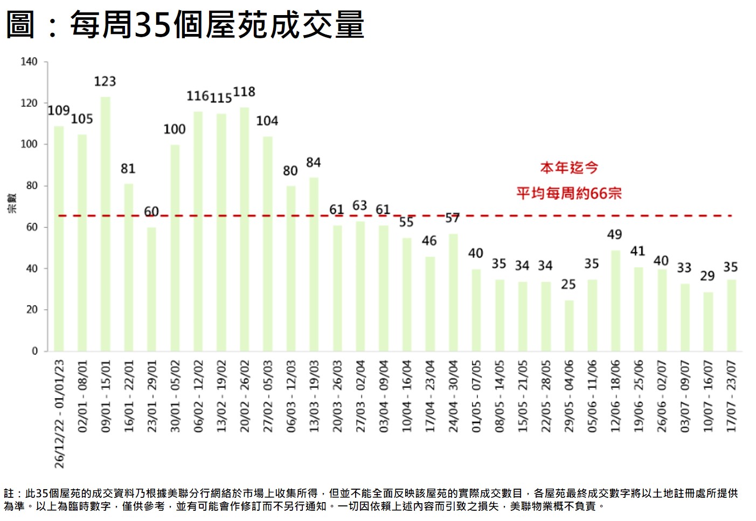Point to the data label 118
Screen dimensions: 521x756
[x=244, y=92]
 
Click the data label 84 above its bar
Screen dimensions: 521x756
[x=313, y=163]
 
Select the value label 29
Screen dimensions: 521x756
[x=707, y=276]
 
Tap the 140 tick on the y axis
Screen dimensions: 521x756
[x=29, y=62]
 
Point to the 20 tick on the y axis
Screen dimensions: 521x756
[x=32, y=310]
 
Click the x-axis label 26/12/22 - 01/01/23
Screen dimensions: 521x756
[x=59, y=414]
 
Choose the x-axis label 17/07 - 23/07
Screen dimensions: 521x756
[x=731, y=396]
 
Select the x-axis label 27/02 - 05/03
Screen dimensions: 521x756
[x=268, y=396]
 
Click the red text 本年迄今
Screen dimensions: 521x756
[x=569, y=168]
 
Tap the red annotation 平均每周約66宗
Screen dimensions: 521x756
[x=569, y=193]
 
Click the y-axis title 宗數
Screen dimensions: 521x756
[x=12, y=203]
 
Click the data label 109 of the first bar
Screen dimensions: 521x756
[x=59, y=111]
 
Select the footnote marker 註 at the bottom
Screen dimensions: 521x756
[x=9, y=493]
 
